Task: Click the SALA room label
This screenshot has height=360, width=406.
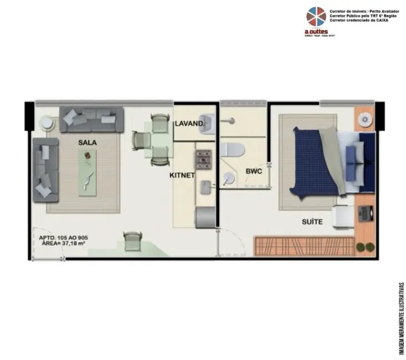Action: click(88, 142)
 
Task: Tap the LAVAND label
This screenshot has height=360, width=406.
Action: click(189, 123)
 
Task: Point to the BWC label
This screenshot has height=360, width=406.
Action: click(254, 171)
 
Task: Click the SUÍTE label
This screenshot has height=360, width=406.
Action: click(312, 222)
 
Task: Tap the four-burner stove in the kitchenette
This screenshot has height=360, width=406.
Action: click(203, 160)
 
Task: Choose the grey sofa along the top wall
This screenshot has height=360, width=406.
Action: click(92, 119)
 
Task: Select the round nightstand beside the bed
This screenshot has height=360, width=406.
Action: click(365, 119)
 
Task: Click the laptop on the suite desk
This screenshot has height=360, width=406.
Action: click(366, 212)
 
